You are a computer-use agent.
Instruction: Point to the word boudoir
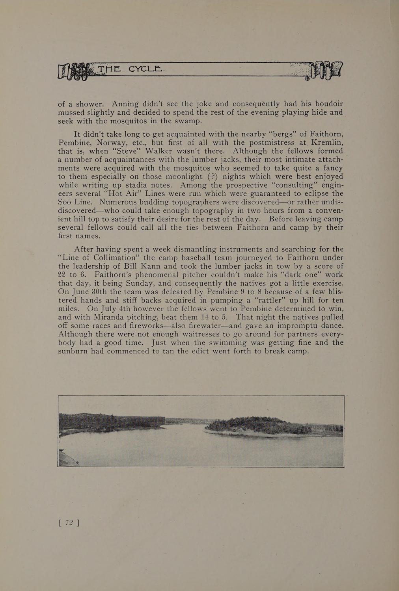coord(326,104)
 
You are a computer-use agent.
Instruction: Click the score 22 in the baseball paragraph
coord(65,275)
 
